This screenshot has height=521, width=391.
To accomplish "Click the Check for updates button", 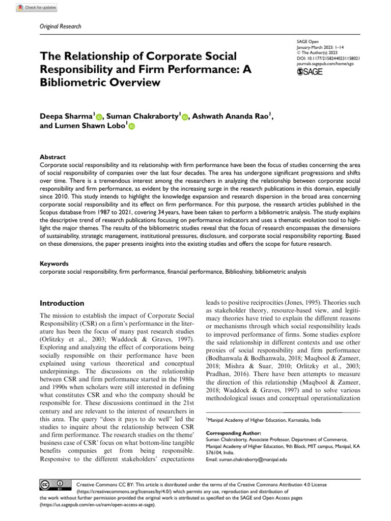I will click(x=36, y=8).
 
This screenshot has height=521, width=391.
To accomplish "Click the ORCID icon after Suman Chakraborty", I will click(x=184, y=117).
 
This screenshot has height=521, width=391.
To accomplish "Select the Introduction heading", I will click(x=62, y=303).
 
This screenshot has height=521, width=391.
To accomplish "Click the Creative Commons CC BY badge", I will click(x=51, y=484).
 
